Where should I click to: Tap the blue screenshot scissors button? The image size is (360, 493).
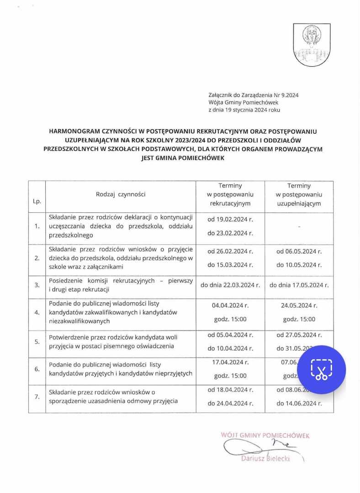322,369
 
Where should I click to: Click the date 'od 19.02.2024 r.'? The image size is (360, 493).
230,219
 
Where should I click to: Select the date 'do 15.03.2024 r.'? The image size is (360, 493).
230,265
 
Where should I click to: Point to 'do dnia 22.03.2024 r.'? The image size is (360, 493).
230,285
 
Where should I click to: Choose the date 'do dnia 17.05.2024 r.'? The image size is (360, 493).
299,285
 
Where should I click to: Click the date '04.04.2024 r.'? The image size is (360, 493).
230,305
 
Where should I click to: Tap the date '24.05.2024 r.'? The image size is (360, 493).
299,305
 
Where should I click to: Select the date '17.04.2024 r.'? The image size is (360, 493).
230,362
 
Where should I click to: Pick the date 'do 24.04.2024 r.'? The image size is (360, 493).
230,404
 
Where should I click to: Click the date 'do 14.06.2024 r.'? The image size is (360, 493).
299,404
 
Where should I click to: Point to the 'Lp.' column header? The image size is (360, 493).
37,201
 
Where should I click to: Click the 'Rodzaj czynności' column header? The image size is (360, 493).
121,194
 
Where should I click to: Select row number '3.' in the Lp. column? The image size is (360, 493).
37,285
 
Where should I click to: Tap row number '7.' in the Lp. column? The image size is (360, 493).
37,397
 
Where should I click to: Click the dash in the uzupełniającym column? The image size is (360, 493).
299,226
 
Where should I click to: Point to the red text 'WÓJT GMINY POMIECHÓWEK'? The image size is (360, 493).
265,435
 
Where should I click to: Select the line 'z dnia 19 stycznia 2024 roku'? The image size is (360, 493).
244,110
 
